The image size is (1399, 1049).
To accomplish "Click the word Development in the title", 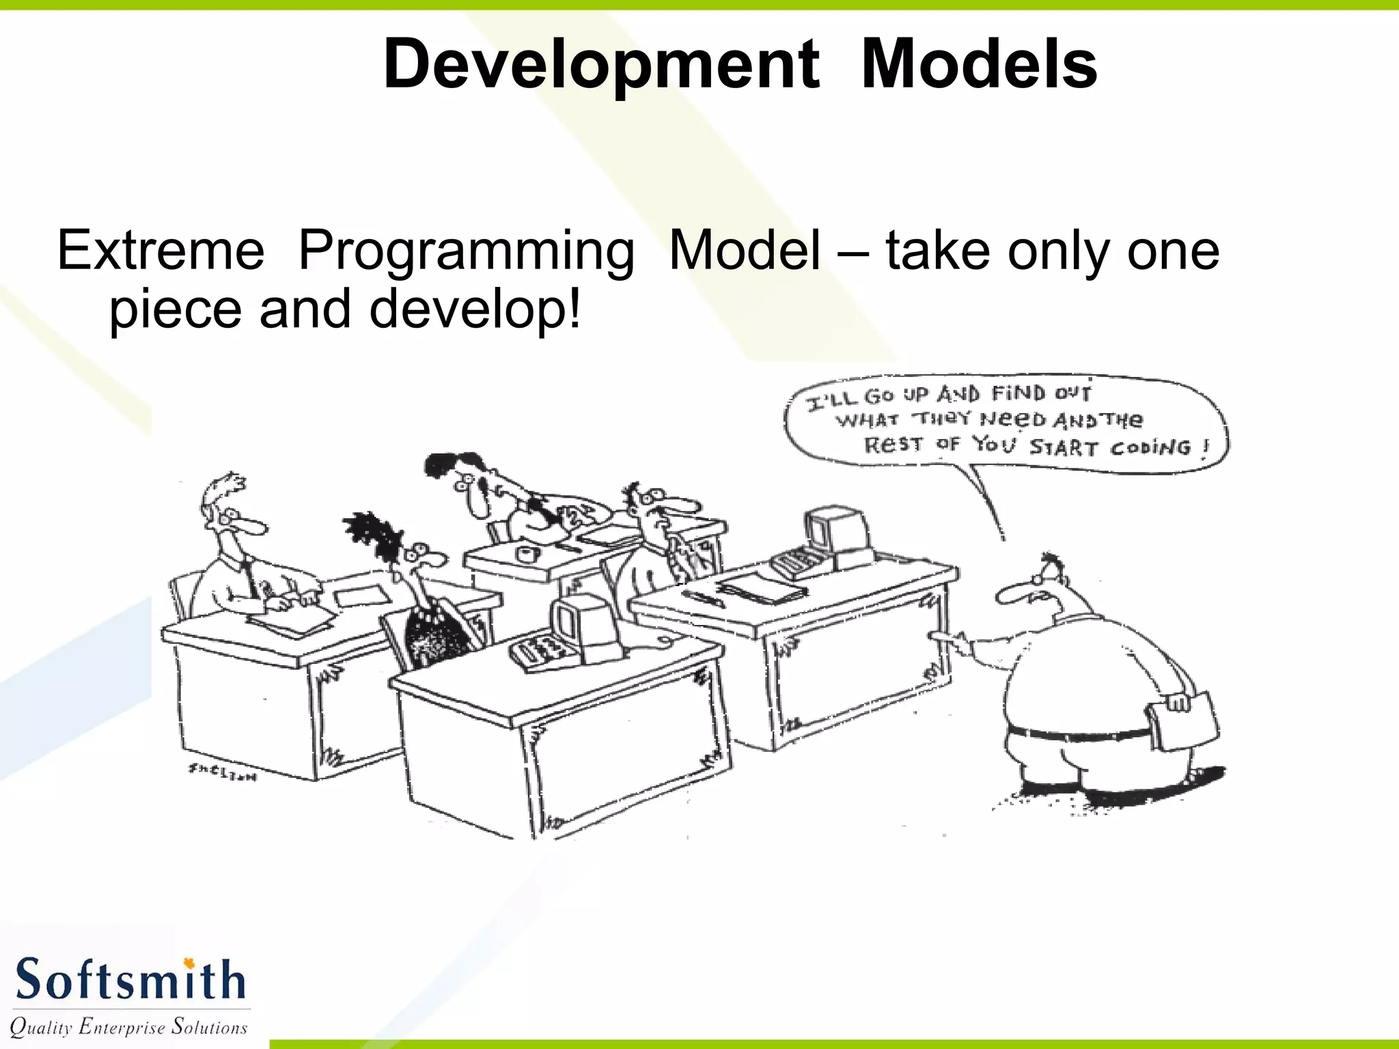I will (601, 65).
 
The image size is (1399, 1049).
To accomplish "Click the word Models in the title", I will (979, 65).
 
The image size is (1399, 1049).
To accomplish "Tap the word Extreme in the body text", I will (161, 251).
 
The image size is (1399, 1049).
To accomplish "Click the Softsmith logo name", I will (130, 980).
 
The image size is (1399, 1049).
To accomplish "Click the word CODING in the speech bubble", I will (1150, 448).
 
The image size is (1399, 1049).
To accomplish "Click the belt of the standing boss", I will (1079, 734).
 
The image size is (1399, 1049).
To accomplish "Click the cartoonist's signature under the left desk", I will (222, 772).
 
